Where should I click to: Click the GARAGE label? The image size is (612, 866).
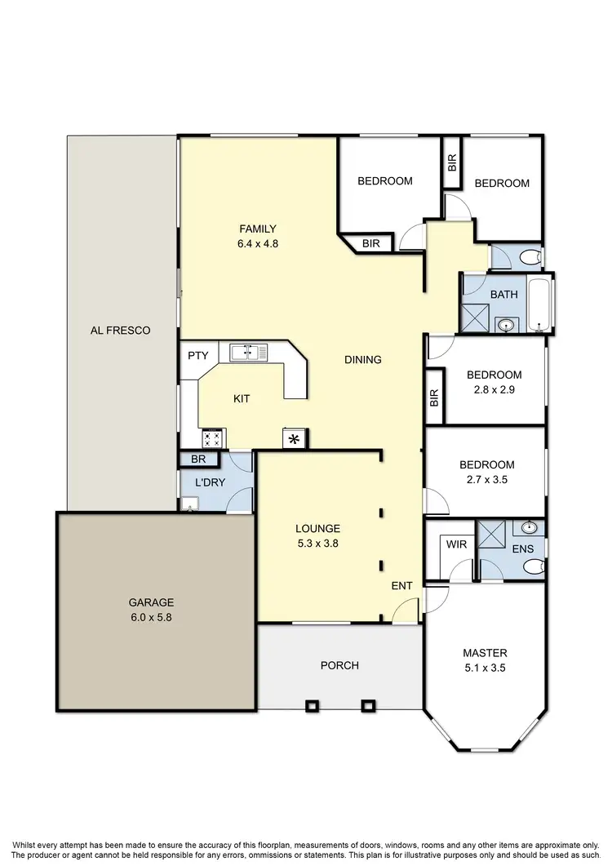(x=150, y=603)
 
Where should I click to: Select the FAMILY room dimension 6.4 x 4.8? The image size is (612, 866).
(x=257, y=243)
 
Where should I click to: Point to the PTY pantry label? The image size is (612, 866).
(x=198, y=356)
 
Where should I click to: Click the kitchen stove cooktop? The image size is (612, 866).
(x=213, y=439)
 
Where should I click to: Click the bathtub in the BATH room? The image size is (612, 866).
(x=541, y=304)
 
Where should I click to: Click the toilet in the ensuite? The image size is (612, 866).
(x=533, y=566)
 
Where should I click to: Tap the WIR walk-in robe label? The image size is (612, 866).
(x=455, y=544)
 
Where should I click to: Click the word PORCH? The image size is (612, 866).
(x=339, y=665)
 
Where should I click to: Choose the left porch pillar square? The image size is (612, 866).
(x=311, y=704)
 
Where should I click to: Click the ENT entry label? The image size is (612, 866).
(x=401, y=584)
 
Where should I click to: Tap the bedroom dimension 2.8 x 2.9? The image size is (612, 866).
(x=494, y=389)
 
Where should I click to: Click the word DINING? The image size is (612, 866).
(x=363, y=359)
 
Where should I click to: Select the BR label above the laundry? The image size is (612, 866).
(x=198, y=460)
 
